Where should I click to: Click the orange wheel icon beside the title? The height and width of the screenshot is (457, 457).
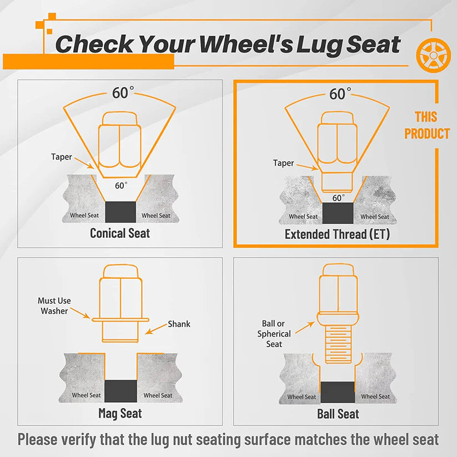click(433, 55)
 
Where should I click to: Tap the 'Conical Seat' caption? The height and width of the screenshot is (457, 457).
click(120, 233)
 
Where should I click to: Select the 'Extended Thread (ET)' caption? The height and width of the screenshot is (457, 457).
click(337, 234)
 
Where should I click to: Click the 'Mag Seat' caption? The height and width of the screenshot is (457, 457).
click(120, 413)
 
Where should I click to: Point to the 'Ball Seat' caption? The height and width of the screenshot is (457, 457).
click(338, 414)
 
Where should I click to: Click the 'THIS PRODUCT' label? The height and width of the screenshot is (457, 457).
click(427, 125)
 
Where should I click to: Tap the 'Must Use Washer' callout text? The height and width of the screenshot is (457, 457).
click(54, 306)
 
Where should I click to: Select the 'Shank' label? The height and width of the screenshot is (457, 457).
click(179, 324)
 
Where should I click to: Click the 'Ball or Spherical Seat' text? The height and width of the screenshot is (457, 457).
click(274, 334)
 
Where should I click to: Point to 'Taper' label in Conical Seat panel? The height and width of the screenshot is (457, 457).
click(61, 157)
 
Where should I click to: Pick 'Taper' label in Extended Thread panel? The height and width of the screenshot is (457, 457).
click(283, 163)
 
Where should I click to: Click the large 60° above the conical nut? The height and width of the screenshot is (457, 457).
click(123, 93)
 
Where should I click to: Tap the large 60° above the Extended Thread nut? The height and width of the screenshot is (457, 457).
click(340, 94)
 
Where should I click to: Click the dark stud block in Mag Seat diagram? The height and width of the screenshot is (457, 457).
click(120, 391)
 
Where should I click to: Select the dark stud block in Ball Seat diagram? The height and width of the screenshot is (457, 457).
click(338, 392)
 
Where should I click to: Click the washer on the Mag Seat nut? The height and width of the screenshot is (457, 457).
click(120, 320)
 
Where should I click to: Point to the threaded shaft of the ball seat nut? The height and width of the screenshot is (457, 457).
click(338, 344)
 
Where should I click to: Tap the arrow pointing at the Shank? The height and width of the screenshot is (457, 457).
click(157, 329)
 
